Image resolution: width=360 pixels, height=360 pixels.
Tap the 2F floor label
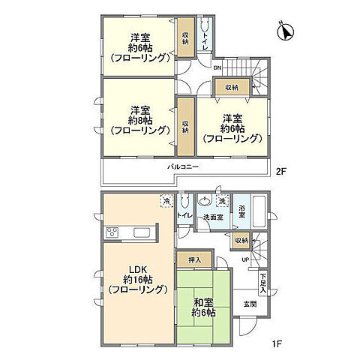pyautogui.click(x=280, y=171)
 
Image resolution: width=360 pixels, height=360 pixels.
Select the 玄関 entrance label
pyautogui.click(x=249, y=304)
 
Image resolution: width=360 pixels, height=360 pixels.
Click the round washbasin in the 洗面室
pyautogui.click(x=204, y=201)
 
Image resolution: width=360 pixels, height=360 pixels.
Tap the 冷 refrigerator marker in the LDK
pyautogui.click(x=165, y=201)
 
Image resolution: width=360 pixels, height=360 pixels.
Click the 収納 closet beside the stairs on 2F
pyautogui.click(x=231, y=88)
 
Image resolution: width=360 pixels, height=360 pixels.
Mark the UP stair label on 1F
pyautogui.click(x=244, y=259)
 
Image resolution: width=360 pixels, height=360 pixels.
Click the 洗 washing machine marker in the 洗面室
pyautogui.click(x=223, y=201)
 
